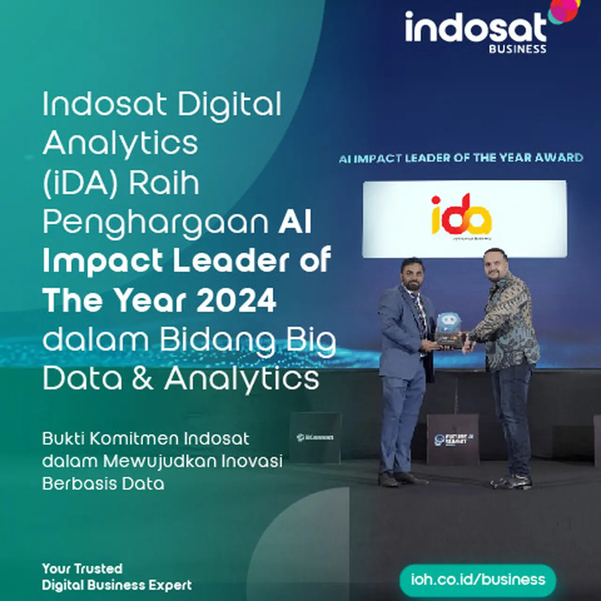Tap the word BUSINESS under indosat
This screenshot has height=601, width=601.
point(517,49)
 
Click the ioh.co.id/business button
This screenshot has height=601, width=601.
point(478,579)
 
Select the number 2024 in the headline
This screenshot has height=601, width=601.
point(236,300)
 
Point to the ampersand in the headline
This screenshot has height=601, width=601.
point(142,378)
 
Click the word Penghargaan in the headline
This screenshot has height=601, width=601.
point(155,222)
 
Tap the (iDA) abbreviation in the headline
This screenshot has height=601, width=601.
point(80,183)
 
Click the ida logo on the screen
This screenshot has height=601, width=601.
point(462,216)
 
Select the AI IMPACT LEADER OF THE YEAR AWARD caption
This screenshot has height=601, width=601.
point(461,158)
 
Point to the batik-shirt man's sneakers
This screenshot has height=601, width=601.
point(513,481)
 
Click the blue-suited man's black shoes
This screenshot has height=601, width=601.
point(397,479)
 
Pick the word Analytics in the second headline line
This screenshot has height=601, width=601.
point(121,143)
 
